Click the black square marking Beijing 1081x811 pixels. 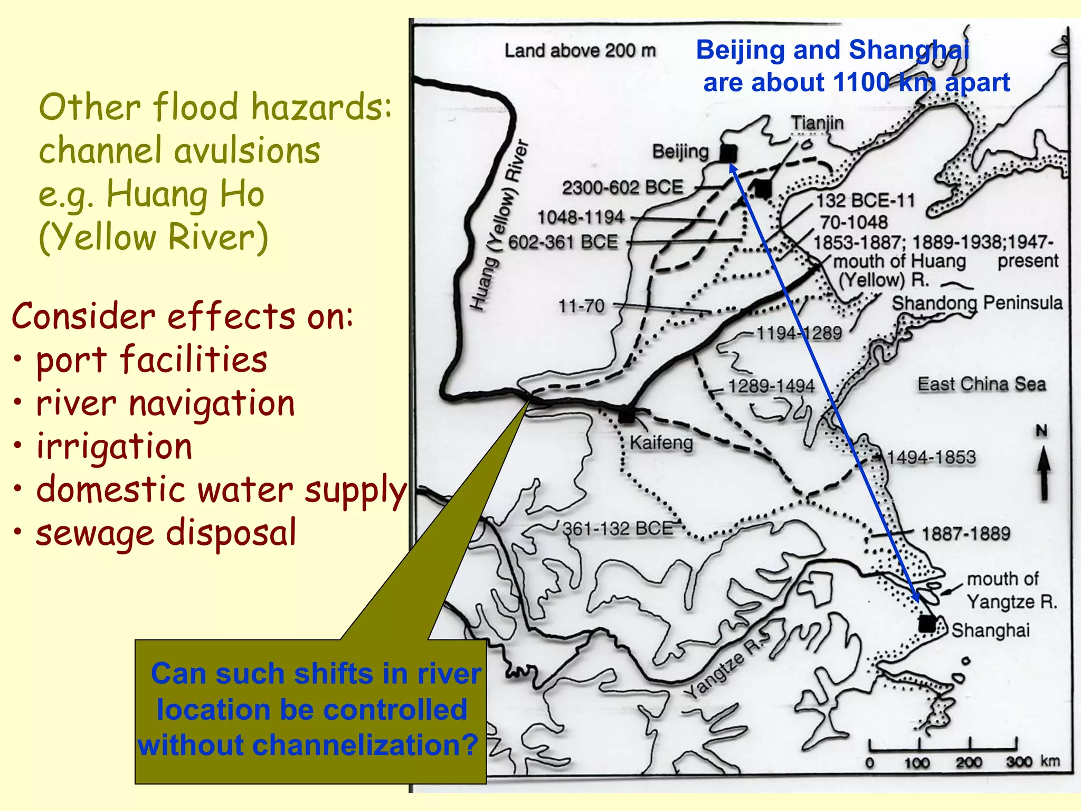coord(728,154)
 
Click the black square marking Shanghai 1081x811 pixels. coord(927,624)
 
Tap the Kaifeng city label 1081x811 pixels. coord(661,442)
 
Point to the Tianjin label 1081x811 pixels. coord(817,123)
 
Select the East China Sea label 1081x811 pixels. coord(981,384)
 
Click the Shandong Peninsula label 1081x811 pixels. coord(976,303)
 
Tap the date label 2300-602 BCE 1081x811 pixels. coord(622,187)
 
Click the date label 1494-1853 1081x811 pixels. coord(931,457)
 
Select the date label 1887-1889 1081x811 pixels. coord(965,533)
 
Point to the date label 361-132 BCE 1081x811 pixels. coord(618,528)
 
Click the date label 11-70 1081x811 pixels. coord(581,306)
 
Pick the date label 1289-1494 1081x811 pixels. coord(771,386)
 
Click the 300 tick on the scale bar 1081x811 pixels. coord(1019,762)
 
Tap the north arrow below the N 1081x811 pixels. coord(1044,473)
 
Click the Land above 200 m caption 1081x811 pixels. coord(580,51)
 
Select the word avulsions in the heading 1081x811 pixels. coord(247,150)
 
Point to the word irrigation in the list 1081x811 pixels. coord(114,446)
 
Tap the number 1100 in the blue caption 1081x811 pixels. coord(861,82)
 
